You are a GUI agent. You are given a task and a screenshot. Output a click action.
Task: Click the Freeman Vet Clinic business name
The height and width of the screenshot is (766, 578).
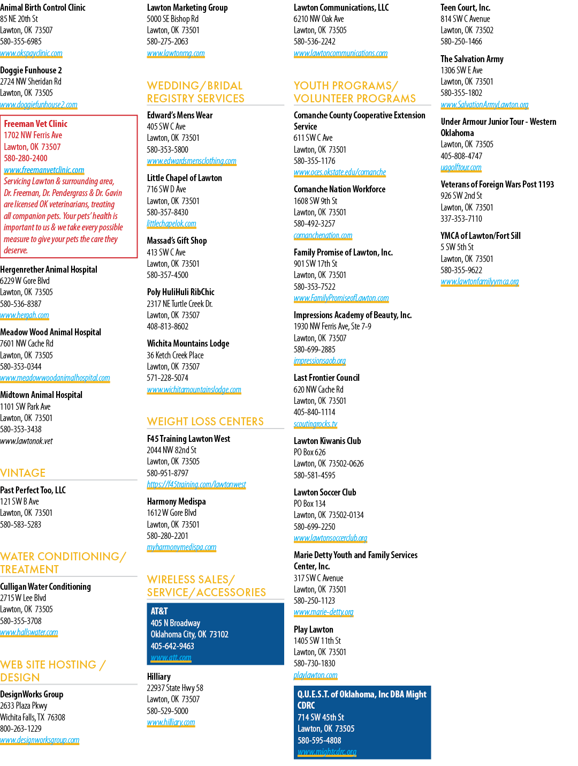(x=35, y=124)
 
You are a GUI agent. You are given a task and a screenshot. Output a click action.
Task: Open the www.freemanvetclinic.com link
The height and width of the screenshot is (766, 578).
(x=44, y=170)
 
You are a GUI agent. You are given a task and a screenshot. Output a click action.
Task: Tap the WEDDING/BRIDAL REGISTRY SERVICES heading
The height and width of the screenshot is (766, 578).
(x=195, y=92)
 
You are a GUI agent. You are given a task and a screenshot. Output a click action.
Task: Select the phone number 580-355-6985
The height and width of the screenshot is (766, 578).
(x=20, y=42)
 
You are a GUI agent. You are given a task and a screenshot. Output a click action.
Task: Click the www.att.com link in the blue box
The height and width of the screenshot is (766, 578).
(x=171, y=657)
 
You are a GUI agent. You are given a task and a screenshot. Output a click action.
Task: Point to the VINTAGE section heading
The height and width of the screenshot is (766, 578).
(x=22, y=473)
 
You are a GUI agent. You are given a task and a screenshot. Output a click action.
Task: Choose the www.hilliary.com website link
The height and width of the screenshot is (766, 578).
(x=171, y=723)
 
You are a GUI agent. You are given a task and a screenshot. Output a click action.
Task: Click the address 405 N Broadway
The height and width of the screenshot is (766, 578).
(x=176, y=623)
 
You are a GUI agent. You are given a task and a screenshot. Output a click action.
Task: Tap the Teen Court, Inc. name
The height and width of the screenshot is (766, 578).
(x=465, y=7)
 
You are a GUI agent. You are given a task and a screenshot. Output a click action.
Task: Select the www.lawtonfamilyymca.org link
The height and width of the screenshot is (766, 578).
(x=480, y=281)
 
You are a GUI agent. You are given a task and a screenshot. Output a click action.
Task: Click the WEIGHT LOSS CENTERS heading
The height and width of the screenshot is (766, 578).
(x=206, y=422)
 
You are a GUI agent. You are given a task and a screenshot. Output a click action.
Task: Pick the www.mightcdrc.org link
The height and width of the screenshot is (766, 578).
(x=326, y=752)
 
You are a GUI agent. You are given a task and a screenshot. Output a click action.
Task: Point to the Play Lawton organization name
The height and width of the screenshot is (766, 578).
(x=314, y=629)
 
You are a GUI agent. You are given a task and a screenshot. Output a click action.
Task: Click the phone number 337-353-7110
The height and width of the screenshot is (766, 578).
(x=461, y=219)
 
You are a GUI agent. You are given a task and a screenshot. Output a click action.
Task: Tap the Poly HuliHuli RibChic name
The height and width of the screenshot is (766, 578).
(x=180, y=292)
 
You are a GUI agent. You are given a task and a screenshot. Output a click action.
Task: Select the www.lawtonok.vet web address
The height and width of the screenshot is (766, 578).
(x=27, y=441)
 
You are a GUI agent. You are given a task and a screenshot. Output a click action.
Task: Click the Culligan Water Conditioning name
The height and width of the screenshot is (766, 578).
(x=45, y=587)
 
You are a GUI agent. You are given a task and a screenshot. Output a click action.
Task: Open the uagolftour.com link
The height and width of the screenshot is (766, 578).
(x=461, y=168)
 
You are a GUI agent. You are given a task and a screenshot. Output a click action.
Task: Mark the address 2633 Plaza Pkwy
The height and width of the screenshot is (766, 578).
(x=24, y=705)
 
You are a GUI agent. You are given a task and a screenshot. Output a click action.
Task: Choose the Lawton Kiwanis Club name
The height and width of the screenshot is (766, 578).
(x=327, y=441)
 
